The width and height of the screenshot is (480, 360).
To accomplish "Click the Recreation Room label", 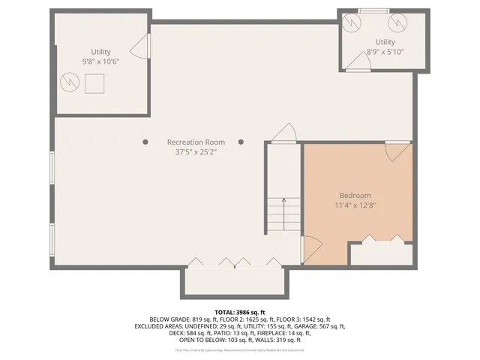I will [x=196, y=142].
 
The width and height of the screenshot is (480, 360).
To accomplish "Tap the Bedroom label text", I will [x=355, y=195].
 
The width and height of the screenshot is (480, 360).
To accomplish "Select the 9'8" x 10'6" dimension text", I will [x=101, y=61].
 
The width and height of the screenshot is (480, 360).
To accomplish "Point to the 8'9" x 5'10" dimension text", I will [x=385, y=52].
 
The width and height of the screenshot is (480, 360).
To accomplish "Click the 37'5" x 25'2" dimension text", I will [x=196, y=151].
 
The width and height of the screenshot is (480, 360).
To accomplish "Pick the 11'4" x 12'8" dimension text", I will [x=355, y=205].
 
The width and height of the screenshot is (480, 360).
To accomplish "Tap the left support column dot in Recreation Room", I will [x=145, y=141].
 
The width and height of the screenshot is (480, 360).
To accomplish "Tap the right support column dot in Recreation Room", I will [x=241, y=141].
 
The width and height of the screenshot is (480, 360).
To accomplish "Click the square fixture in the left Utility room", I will [x=94, y=85].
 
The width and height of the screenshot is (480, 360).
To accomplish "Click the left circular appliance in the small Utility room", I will [x=351, y=25].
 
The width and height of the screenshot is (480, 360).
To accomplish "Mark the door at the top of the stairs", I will [x=283, y=133].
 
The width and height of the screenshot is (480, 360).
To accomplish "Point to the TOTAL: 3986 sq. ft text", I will [x=240, y=311].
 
